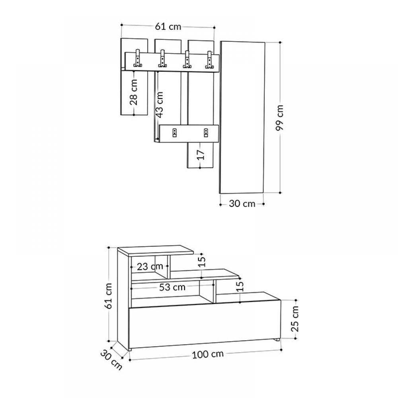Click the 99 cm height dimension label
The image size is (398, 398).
(x=279, y=117)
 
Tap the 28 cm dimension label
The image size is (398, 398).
(x=133, y=92)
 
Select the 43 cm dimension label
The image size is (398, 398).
(x=160, y=105)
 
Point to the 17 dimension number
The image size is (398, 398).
(x=201, y=155)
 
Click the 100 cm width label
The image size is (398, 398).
(x=208, y=354)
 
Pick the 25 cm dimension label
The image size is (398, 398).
(x=295, y=319)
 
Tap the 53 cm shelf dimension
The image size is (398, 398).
(x=172, y=287)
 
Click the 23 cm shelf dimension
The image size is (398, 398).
(x=150, y=267)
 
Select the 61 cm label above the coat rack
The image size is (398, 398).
(x=168, y=26)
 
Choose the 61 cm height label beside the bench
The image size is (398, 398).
(x=108, y=296)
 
